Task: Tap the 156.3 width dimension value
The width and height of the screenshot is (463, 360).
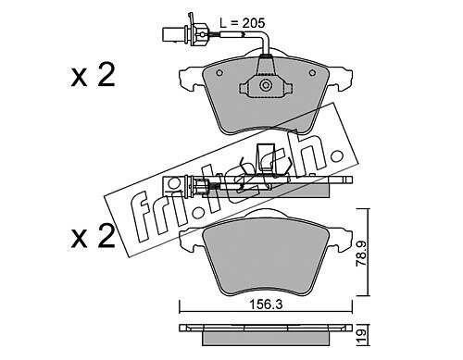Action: point(266,304)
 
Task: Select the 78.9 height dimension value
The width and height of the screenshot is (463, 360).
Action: point(361,254)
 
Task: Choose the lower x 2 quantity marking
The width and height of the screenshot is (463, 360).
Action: point(93,236)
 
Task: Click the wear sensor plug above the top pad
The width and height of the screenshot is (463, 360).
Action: point(177,33)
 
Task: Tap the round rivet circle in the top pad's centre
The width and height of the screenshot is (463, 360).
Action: point(265,85)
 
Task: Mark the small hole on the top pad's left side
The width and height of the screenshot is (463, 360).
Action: point(219,73)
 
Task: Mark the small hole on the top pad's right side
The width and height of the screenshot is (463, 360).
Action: point(312,73)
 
